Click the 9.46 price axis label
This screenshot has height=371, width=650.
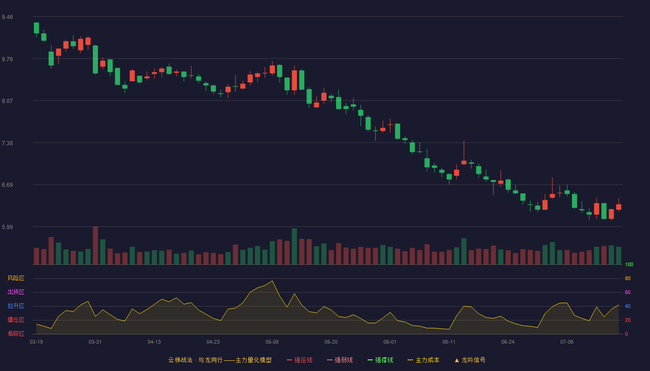pyautogui.click(x=7, y=17)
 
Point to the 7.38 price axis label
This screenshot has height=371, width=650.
pyautogui.click(x=7, y=143)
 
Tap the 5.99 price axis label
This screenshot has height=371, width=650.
pyautogui.click(x=7, y=227)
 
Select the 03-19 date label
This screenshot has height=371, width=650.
pyautogui.click(x=36, y=342)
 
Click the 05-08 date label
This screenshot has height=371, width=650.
pyautogui.click(x=272, y=342)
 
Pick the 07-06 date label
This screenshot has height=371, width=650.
pyautogui.click(x=567, y=342)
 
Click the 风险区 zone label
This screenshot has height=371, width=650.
pyautogui.click(x=16, y=278)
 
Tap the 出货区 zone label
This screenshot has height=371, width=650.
pyautogui.click(x=16, y=292)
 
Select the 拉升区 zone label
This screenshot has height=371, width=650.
pyautogui.click(x=16, y=306)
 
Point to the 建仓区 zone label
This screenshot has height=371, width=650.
pyautogui.click(x=16, y=320)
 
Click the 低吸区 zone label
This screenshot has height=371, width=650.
pyautogui.click(x=16, y=333)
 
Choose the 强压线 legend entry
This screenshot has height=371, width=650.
pyautogui.click(x=299, y=360)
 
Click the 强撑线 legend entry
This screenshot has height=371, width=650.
pyautogui.click(x=380, y=360)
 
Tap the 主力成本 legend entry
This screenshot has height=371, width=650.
pyautogui.click(x=423, y=360)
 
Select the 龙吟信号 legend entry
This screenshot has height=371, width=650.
pyautogui.click(x=470, y=360)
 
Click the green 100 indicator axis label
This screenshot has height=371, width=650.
pyautogui.click(x=629, y=264)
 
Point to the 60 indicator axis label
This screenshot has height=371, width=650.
pyautogui.click(x=628, y=292)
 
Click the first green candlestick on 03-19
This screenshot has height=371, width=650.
pyautogui.click(x=36, y=28)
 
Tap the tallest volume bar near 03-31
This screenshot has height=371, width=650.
pyautogui.click(x=95, y=245)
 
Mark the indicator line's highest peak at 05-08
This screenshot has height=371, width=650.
pyautogui.click(x=272, y=281)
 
